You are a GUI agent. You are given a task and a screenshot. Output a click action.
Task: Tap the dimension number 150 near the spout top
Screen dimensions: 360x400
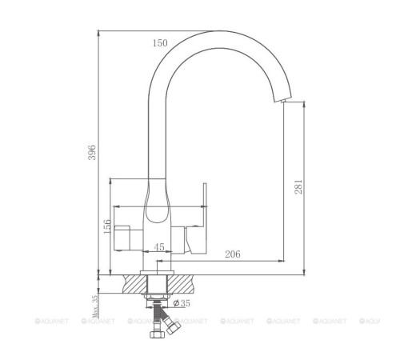coord(161,42)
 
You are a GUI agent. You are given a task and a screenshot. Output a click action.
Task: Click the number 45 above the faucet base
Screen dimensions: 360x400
coord(159,247)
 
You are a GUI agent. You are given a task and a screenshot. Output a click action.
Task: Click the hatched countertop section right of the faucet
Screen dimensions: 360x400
coord(188,282)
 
